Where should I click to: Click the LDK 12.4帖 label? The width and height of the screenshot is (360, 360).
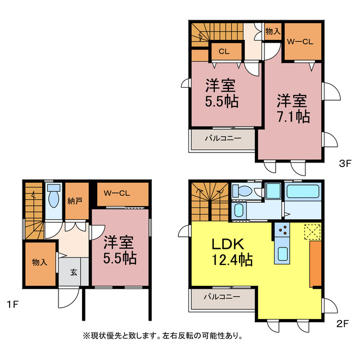(231, 253)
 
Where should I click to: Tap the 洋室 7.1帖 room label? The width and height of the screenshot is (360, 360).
(291, 109)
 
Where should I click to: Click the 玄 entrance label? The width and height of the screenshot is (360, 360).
(74, 272)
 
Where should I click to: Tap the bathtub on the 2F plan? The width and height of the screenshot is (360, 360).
(303, 191)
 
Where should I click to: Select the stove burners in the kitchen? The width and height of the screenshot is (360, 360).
(282, 230)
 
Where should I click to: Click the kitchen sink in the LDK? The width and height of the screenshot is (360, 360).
(282, 254)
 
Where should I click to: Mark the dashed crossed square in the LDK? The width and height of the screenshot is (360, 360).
(312, 231)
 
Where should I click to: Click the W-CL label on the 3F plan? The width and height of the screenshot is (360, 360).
(300, 42)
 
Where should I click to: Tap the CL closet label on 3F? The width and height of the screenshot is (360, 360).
(223, 52)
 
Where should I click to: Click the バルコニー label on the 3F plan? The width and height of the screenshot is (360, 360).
(223, 138)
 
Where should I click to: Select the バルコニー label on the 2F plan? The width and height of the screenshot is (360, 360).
(222, 296)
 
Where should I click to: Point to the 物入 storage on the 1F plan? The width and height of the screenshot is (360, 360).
(39, 262)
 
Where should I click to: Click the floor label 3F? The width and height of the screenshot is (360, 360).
(344, 164)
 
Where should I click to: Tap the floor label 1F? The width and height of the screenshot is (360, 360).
(13, 305)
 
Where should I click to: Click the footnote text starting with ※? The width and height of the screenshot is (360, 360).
(163, 336)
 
